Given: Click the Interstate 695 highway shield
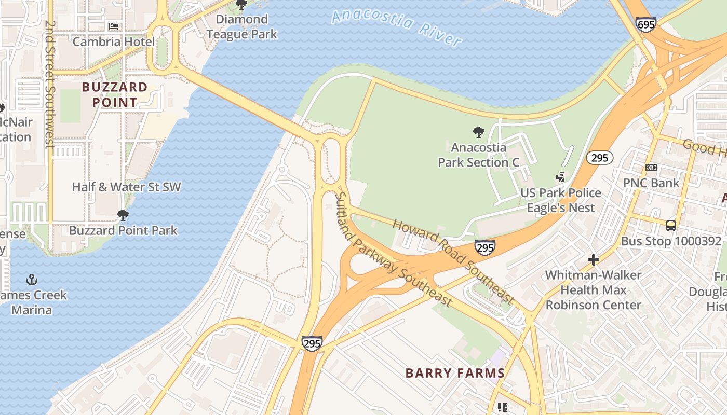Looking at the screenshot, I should pos(645,24).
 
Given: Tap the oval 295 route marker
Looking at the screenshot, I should pos(599,158).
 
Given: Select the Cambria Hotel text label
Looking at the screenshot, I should pos(113,41).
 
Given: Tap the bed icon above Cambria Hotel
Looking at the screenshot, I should pos(113,26).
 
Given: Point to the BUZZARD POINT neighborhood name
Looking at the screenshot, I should pos(115,94).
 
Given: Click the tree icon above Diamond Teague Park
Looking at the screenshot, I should pos(241,5).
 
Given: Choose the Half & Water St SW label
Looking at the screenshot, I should pos(126,187).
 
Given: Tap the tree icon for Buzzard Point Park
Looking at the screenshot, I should pos(123,215).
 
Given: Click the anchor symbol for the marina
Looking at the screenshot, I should pos(32,280).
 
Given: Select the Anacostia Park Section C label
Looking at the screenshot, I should pos(478,155).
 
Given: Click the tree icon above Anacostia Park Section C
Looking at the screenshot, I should pos(478,132).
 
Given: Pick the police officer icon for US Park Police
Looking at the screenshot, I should pos(560,177).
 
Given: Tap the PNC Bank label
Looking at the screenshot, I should pos(651,183).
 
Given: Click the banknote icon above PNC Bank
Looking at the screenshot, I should pos(651,168).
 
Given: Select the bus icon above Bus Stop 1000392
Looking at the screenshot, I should pos(671,226).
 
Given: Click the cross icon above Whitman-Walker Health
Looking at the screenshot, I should pos(593,260).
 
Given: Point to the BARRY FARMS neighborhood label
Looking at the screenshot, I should pos(455,373).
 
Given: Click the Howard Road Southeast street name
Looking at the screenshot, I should pos(453,262).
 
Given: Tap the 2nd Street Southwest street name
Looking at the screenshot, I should pos(50,85).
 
